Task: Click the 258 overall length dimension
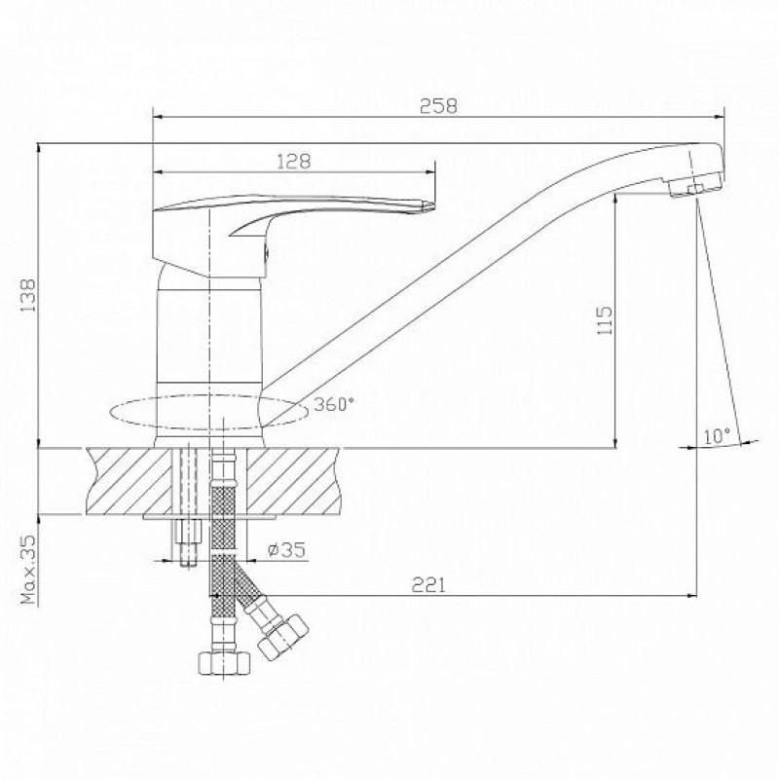(x=438, y=106)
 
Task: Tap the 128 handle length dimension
(x=294, y=162)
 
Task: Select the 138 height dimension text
(x=27, y=295)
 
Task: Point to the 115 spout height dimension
(x=604, y=320)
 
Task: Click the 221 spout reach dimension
(x=428, y=585)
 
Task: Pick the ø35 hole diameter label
(x=286, y=549)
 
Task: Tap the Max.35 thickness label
(x=29, y=570)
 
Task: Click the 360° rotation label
(x=334, y=404)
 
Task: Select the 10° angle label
(x=716, y=436)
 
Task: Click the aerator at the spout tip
(x=694, y=185)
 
